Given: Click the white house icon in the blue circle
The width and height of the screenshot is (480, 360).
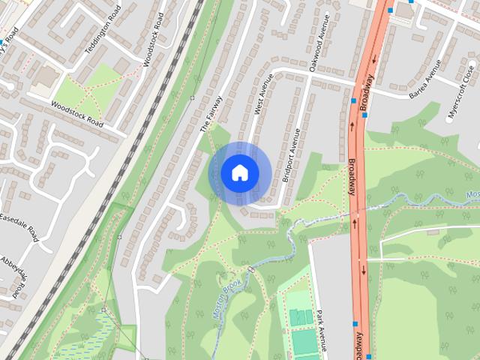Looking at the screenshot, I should [x=239, y=173].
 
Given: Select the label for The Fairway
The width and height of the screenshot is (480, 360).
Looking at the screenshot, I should [x=211, y=113].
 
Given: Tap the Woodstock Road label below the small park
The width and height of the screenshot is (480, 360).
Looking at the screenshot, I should [x=76, y=112].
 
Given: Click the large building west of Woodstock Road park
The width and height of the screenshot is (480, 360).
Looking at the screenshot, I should [x=46, y=76].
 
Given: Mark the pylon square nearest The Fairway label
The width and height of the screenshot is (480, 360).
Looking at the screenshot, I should [x=193, y=98].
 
